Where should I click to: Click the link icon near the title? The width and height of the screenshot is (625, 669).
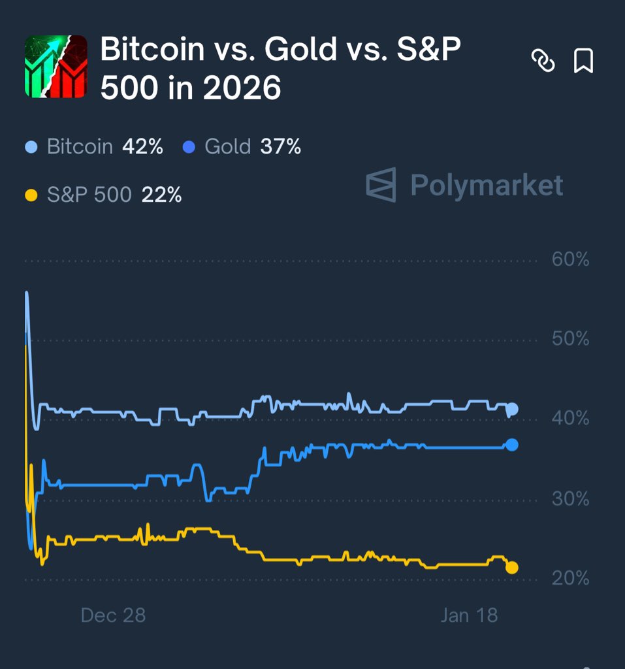pyautogui.click(x=543, y=61)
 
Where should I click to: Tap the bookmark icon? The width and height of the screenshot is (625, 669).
pyautogui.click(x=583, y=61)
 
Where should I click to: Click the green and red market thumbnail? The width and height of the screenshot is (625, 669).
pyautogui.click(x=56, y=67)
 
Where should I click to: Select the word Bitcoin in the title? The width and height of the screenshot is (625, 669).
pyautogui.click(x=152, y=50)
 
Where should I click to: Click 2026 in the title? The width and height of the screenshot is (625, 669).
pyautogui.click(x=242, y=88)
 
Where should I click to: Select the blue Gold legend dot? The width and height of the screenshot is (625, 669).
pyautogui.click(x=189, y=147)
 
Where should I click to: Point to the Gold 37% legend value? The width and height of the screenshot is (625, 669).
pyautogui.click(x=281, y=146)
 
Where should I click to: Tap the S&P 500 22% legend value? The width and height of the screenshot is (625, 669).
pyautogui.click(x=161, y=195)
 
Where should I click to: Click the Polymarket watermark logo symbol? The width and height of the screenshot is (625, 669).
pyautogui.click(x=381, y=185)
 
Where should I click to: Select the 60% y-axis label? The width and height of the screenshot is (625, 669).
pyautogui.click(x=570, y=260)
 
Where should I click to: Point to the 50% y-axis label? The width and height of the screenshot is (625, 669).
pyautogui.click(x=570, y=339)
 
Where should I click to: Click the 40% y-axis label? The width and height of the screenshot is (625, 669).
pyautogui.click(x=570, y=418)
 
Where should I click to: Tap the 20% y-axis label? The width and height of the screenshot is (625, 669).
pyautogui.click(x=570, y=579)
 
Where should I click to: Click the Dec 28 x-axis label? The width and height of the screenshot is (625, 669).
pyautogui.click(x=113, y=615)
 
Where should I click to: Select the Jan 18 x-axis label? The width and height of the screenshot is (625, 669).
pyautogui.click(x=469, y=615)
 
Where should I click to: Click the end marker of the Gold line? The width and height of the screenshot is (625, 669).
pyautogui.click(x=512, y=445)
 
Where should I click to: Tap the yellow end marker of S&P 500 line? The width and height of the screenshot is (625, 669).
pyautogui.click(x=512, y=568)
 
